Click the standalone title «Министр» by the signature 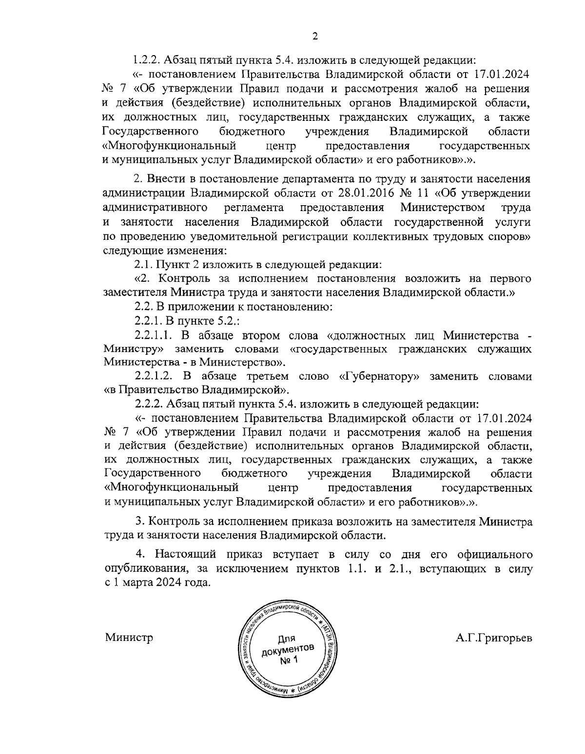(x=129, y=638)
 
